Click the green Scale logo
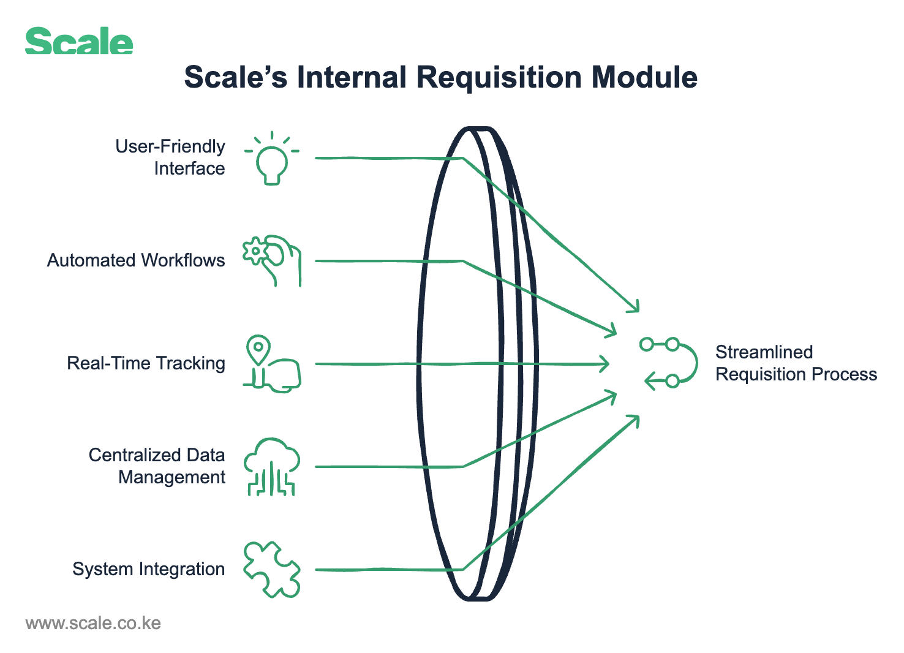pyautogui.click(x=79, y=42)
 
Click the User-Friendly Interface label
pyautogui.click(x=170, y=157)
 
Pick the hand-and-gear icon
pyautogui.click(x=273, y=260)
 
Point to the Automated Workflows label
pyautogui.click(x=136, y=260)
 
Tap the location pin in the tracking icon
pyautogui.click(x=258, y=349)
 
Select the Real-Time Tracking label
pyautogui.click(x=146, y=363)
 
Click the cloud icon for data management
pyautogui.click(x=272, y=466)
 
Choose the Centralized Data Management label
pyautogui.click(x=157, y=466)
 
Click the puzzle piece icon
pyautogui.click(x=272, y=569)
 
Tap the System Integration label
pyautogui.click(x=148, y=569)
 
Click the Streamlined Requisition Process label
pyautogui.click(x=796, y=363)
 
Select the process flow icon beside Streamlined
pyautogui.click(x=669, y=363)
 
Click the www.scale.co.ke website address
pyautogui.click(x=93, y=624)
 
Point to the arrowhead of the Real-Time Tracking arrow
pyautogui.click(x=606, y=364)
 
